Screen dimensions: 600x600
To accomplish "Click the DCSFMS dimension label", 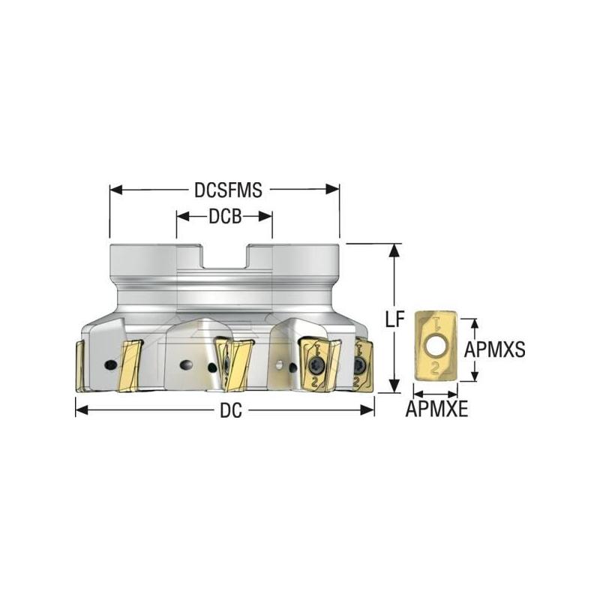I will click(x=228, y=190).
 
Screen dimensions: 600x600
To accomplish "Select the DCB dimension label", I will click(x=224, y=216).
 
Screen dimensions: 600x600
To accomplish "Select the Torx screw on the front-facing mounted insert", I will click(x=316, y=365).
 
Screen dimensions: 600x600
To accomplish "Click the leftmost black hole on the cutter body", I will click(x=110, y=364).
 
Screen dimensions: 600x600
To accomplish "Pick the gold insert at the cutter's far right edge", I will click(x=363, y=366).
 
